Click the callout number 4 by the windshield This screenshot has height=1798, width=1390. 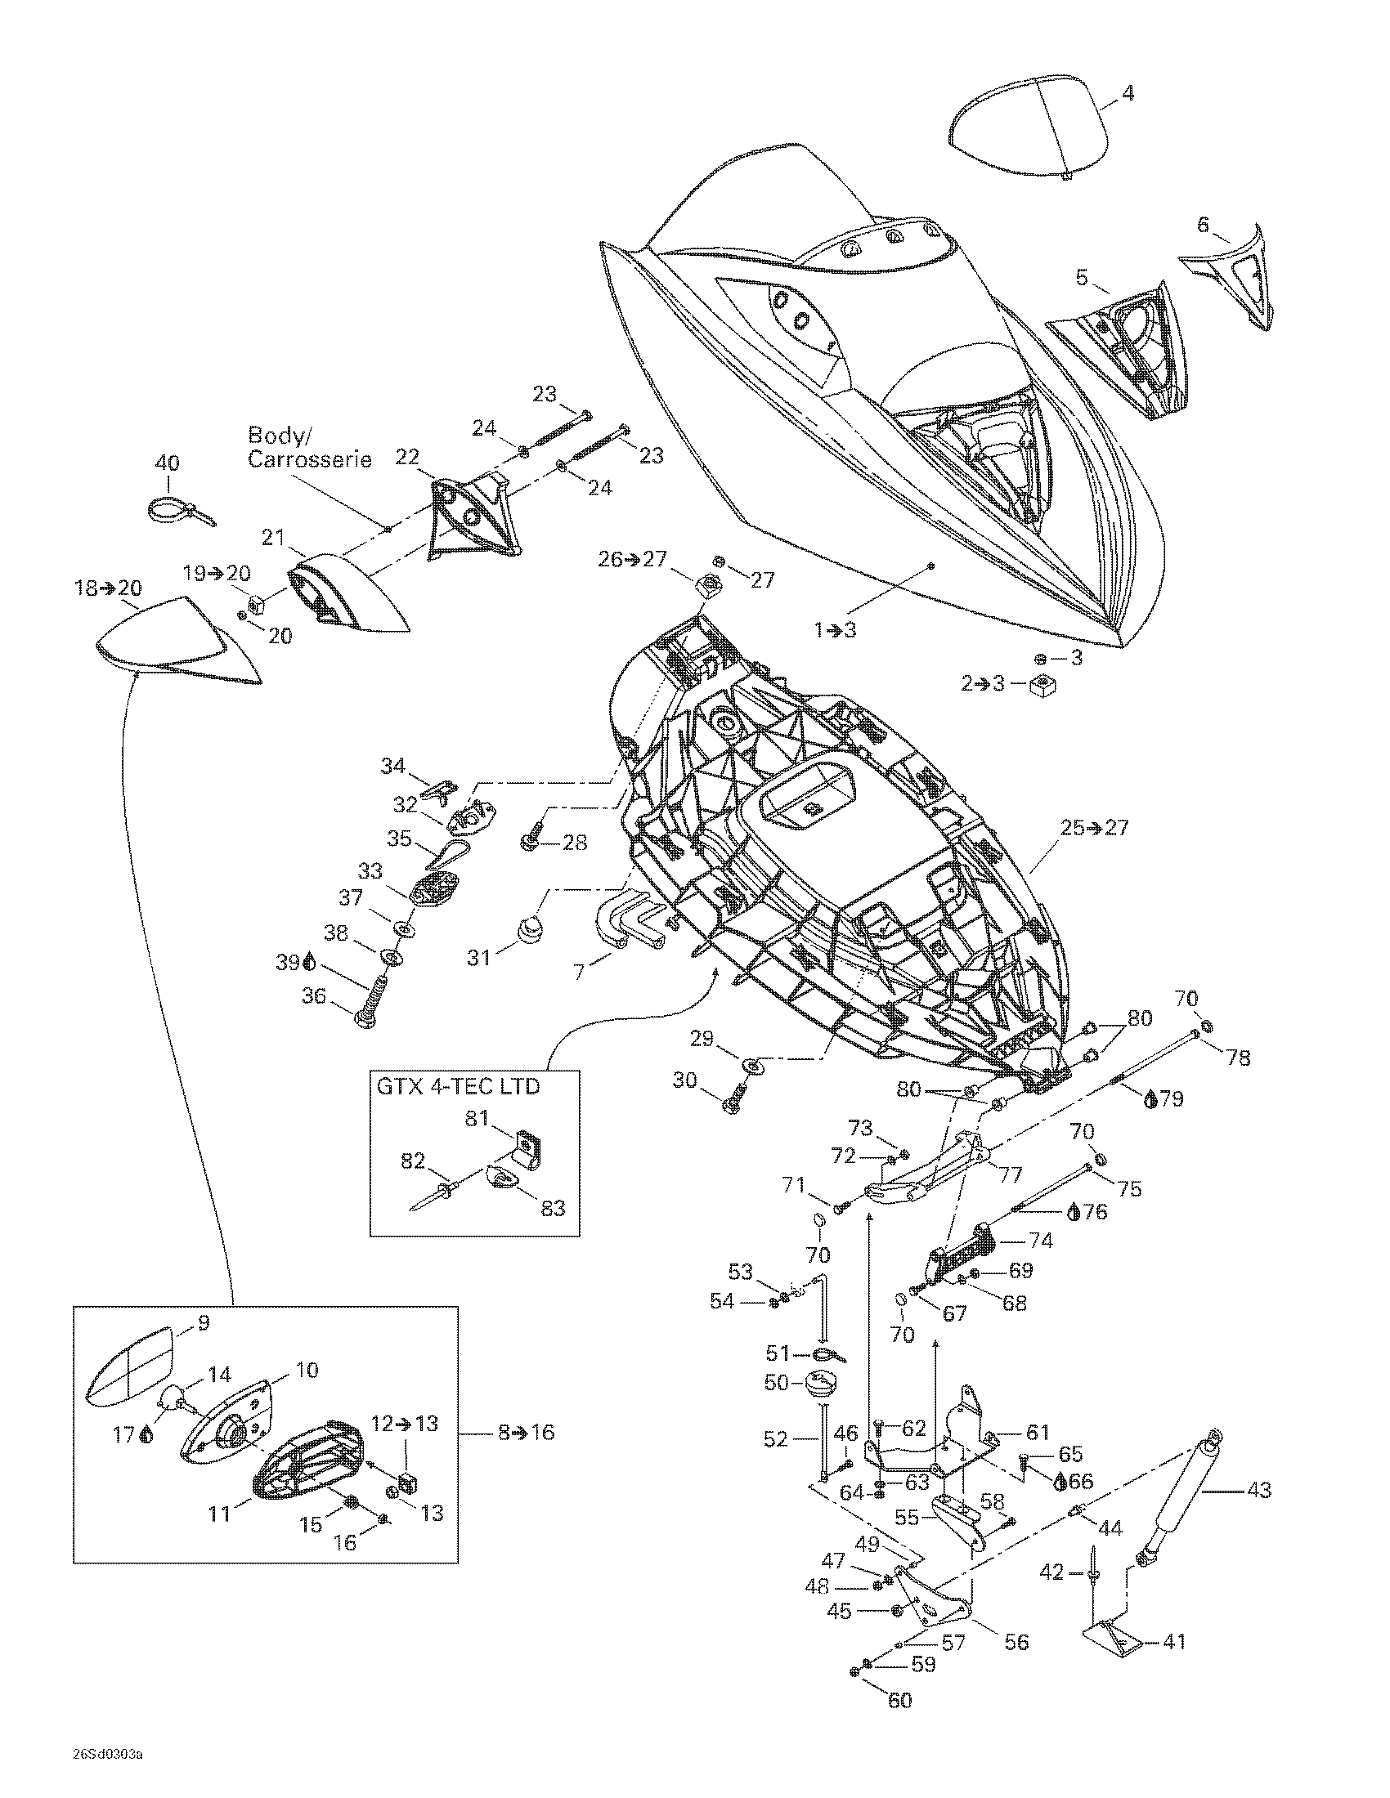[1128, 93]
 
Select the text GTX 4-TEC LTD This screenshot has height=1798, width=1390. [458, 1086]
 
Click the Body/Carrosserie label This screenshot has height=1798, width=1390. [310, 447]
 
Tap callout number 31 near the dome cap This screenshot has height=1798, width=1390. [479, 958]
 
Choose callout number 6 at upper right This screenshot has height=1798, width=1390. [1203, 225]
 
